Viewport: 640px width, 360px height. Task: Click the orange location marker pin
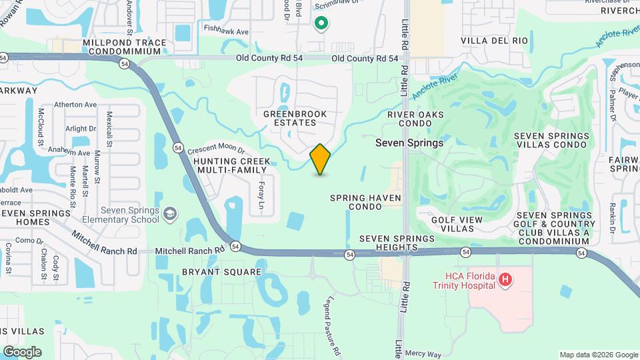coord(320,159)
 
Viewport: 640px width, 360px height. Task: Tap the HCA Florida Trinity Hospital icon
coord(505,279)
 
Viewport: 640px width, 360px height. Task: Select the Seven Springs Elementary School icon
coord(170,213)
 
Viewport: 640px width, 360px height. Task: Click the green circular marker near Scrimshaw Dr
coord(321,24)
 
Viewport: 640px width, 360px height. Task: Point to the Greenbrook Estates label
coord(295,118)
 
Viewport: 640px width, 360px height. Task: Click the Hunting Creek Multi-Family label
coord(232,166)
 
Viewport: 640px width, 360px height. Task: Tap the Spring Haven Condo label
coord(366,202)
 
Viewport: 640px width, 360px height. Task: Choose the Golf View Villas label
coord(461,223)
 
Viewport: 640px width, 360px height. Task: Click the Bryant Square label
coord(212,272)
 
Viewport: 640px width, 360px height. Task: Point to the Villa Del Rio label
coord(494,41)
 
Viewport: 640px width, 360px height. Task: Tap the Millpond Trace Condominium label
coord(125,47)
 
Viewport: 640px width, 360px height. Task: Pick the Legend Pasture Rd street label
coord(335,326)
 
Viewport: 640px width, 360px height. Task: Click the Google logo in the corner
coord(22,352)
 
